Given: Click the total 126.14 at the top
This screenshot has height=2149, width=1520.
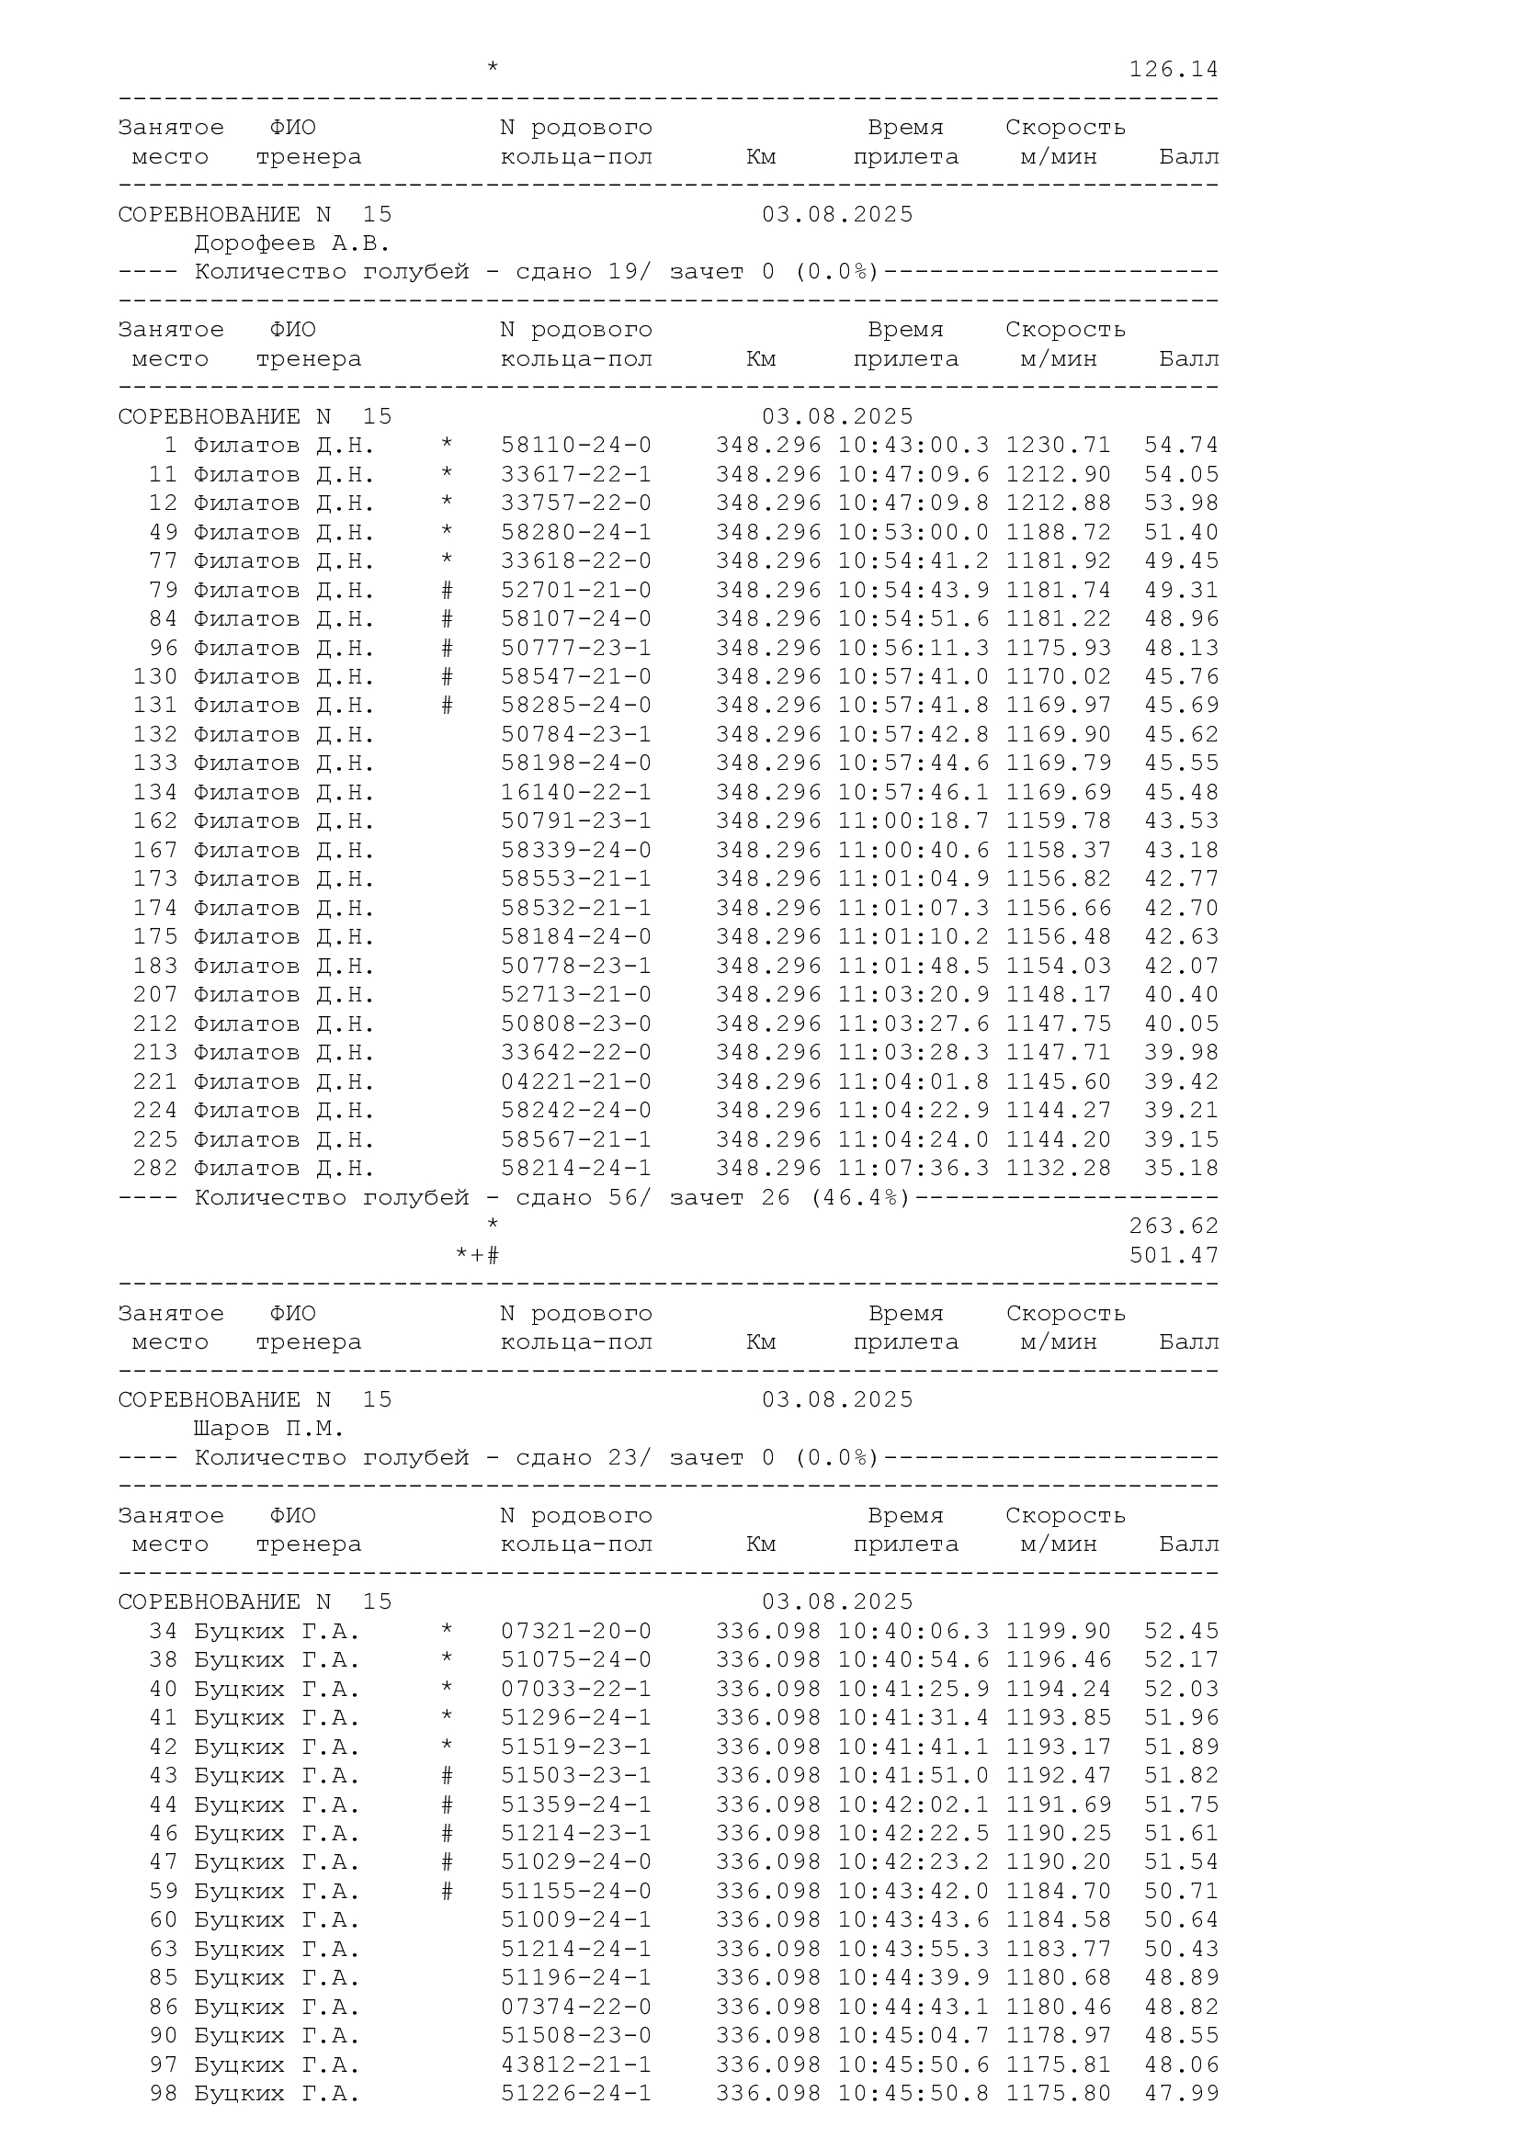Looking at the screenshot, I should [x=1173, y=69].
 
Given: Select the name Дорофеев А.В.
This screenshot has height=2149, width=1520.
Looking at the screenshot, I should [x=291, y=243].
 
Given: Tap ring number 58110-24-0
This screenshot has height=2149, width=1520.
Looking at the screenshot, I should [x=575, y=446].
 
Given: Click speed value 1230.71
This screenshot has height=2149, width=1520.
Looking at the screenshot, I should [x=1058, y=446].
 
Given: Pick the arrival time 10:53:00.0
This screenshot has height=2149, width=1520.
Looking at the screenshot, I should [x=913, y=533].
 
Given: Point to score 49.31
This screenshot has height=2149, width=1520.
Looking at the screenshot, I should [x=1181, y=591].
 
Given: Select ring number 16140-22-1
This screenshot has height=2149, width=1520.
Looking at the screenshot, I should [x=575, y=793].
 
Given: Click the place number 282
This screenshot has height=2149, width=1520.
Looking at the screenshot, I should [x=154, y=1169].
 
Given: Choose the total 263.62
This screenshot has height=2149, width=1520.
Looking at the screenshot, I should [x=1173, y=1227].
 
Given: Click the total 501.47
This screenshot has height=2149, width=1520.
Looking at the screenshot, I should [x=1173, y=1255].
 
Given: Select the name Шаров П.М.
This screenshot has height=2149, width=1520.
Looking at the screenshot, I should [x=268, y=1430].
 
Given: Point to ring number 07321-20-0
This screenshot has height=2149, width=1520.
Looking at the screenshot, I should [x=575, y=1632].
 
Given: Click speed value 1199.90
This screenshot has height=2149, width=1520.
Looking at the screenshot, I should [x=1058, y=1632].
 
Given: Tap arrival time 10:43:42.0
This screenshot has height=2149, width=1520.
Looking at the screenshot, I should [x=913, y=1892].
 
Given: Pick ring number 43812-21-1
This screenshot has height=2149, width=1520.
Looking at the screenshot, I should [x=575, y=2064].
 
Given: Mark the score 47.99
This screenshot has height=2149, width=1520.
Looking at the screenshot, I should [x=1181, y=2094].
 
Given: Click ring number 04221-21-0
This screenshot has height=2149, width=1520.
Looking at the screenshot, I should [x=575, y=1082].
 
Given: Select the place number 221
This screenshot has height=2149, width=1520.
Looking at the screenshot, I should [x=154, y=1082].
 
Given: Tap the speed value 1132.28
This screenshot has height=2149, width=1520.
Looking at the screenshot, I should [x=1058, y=1169].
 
